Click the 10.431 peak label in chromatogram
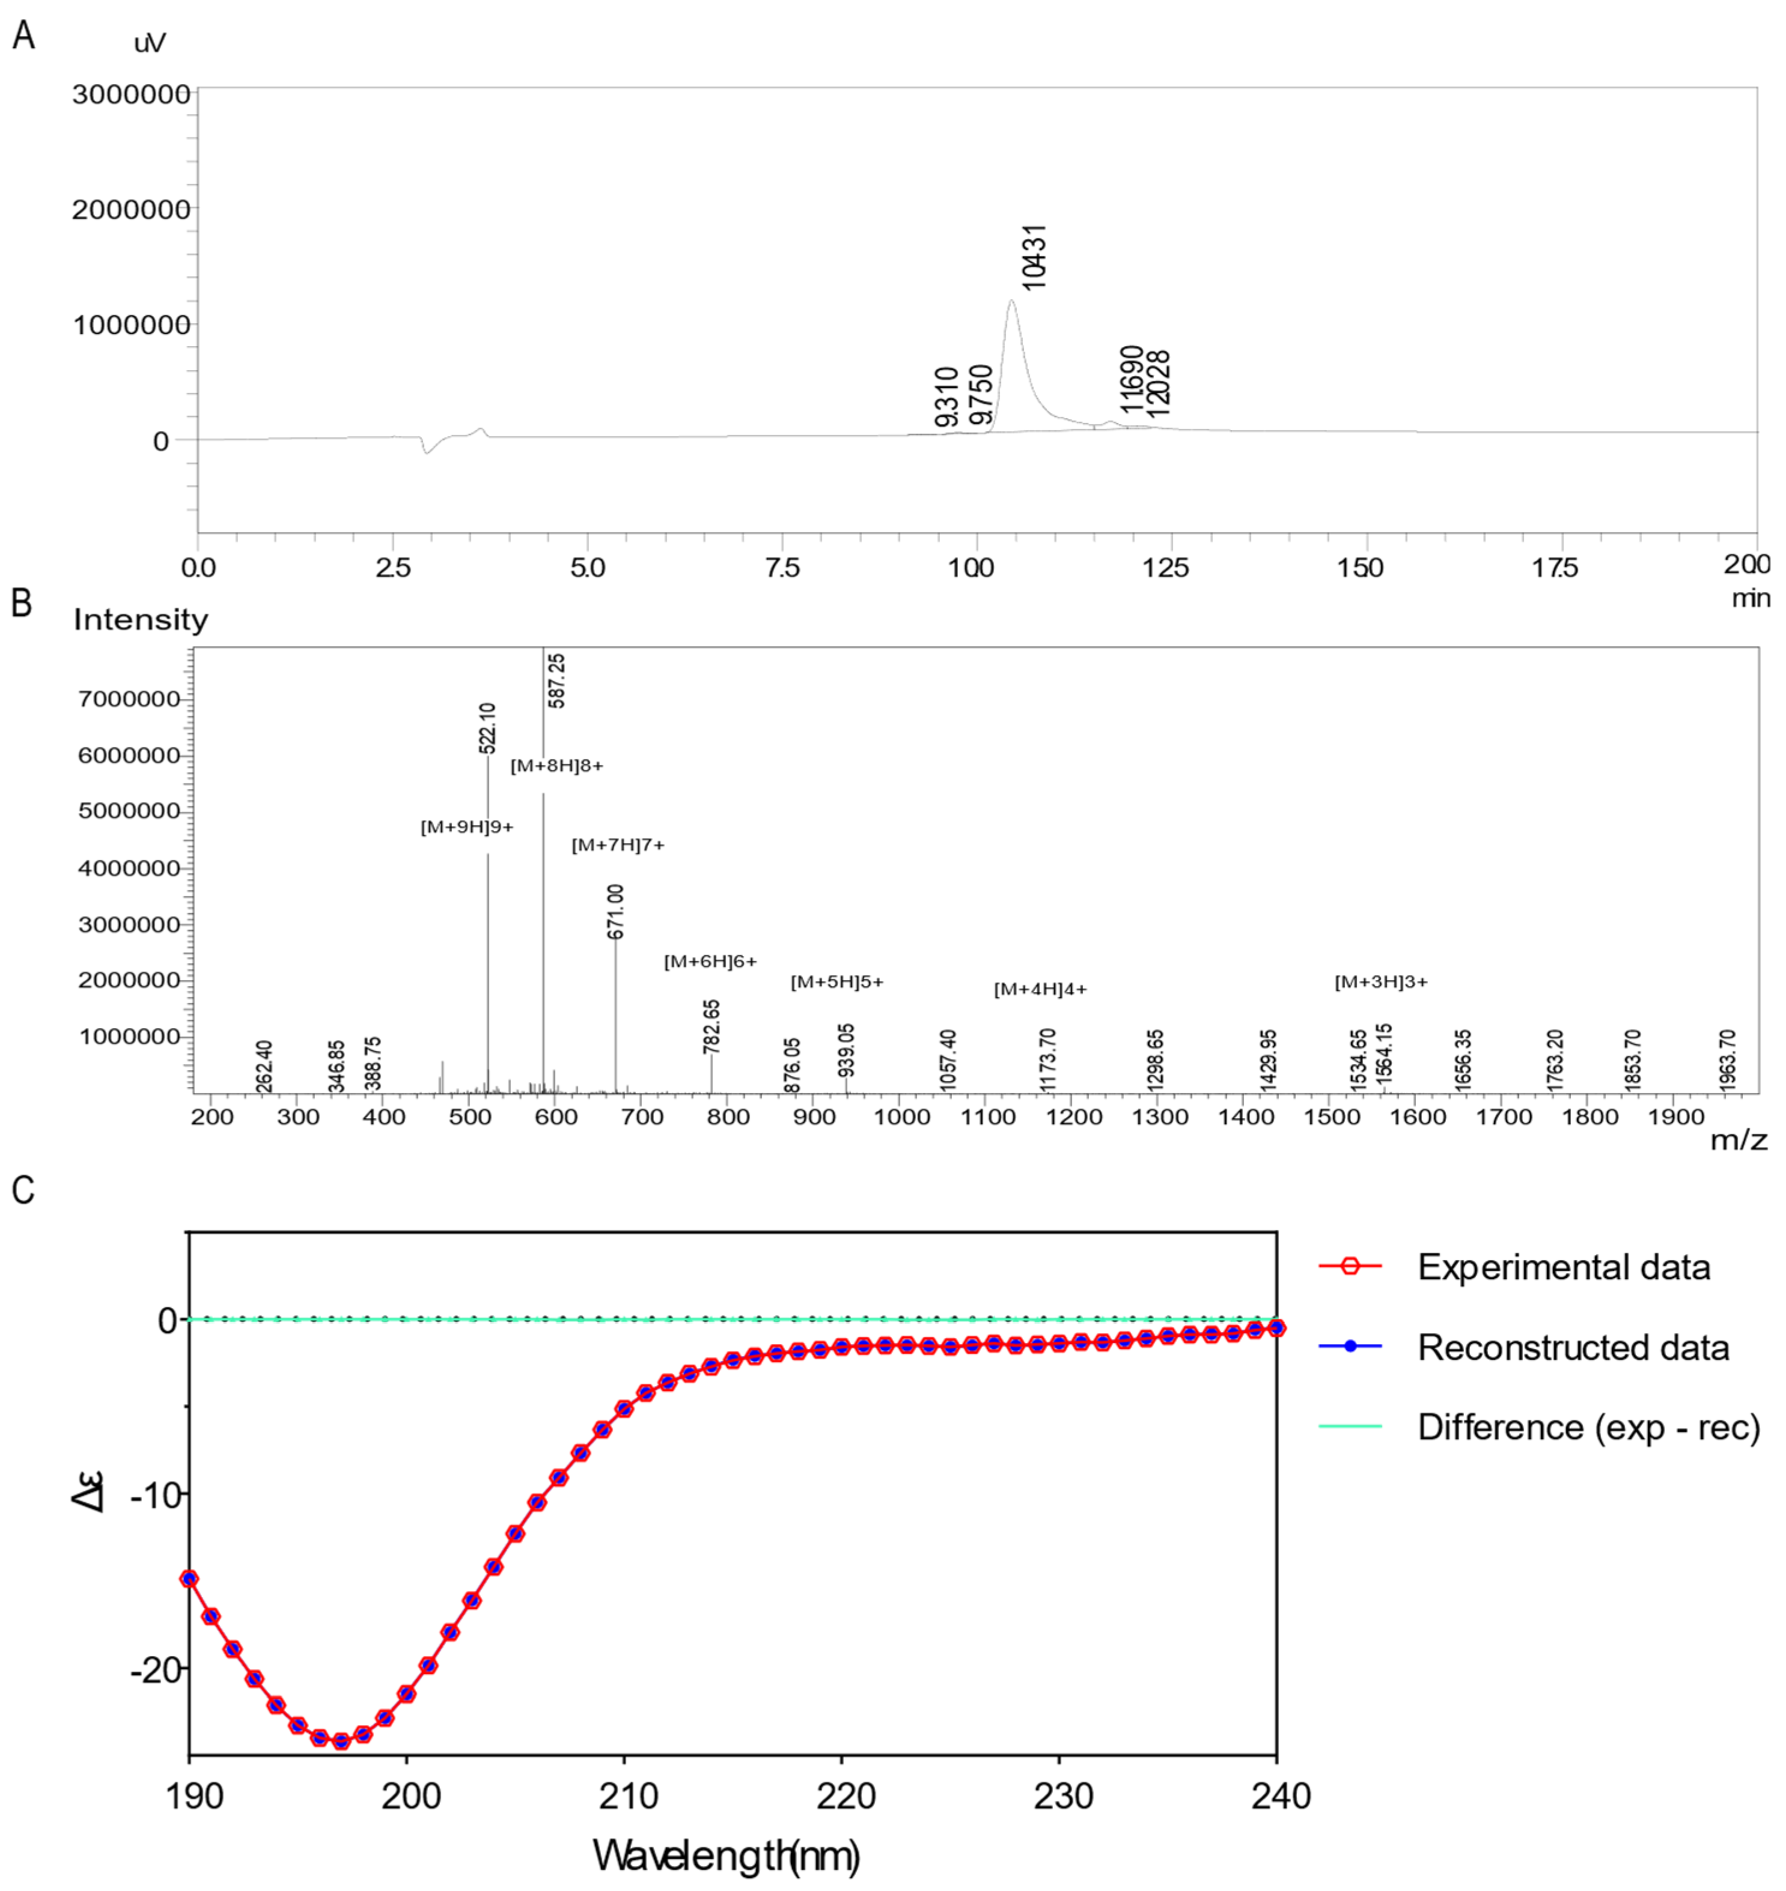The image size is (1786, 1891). (1033, 257)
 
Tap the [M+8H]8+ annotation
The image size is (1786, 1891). (557, 766)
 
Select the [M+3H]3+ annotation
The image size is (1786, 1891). (1380, 982)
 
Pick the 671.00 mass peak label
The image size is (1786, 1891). (616, 911)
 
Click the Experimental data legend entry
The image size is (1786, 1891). (1563, 1267)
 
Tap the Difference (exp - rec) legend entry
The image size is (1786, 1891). (1588, 1427)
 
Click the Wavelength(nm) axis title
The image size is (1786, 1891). (727, 1855)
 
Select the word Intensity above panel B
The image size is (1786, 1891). (141, 620)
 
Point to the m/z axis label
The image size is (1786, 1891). (1739, 1140)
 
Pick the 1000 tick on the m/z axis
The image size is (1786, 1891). (901, 1117)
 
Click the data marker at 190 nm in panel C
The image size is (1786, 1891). (189, 1579)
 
